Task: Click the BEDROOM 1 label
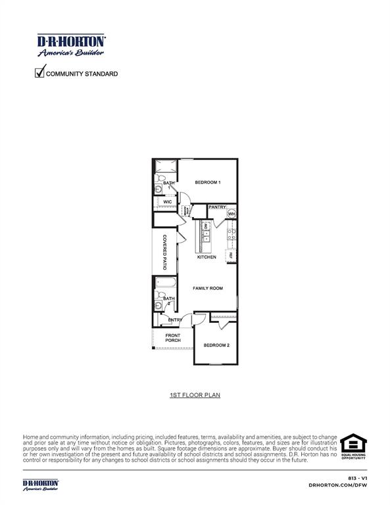tap(207, 182)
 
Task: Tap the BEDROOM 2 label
tap(216, 345)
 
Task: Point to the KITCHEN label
tap(207, 257)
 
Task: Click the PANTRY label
tap(217, 207)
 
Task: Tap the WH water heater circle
tap(232, 214)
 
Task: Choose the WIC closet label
tap(168, 202)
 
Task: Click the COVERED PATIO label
tap(165, 253)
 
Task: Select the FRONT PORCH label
tap(173, 338)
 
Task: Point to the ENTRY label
tap(175, 320)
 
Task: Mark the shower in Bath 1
tap(165, 164)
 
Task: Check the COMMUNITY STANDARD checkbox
tap(39, 73)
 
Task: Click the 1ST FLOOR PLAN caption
tap(194, 395)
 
